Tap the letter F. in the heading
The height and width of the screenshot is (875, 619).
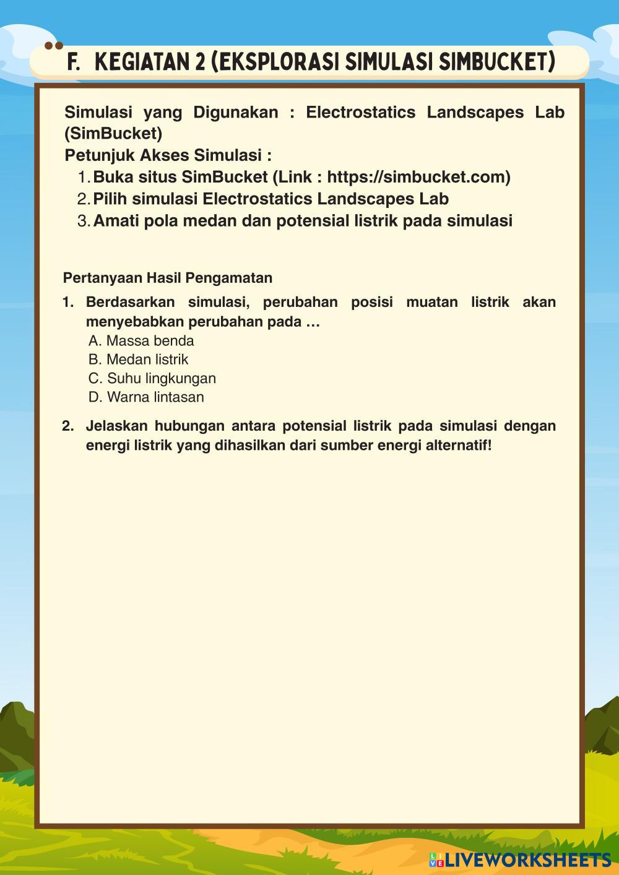[x=74, y=62]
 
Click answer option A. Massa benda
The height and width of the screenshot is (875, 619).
[x=141, y=341]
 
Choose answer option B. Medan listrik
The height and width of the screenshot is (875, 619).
[x=138, y=360]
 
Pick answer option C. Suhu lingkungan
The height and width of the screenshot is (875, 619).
[x=152, y=378]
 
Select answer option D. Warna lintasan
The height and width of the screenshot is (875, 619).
[x=146, y=397]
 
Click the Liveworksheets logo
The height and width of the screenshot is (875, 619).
[x=519, y=860]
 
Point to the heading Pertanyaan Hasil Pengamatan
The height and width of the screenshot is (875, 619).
[x=168, y=278]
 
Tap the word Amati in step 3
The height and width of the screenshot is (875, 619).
[x=116, y=221]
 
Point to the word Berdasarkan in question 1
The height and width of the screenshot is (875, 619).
[x=130, y=303]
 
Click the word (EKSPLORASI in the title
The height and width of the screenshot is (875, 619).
[x=275, y=62]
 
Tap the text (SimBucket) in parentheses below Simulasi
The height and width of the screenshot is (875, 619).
[x=113, y=134]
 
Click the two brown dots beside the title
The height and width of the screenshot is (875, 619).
[x=54, y=46]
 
